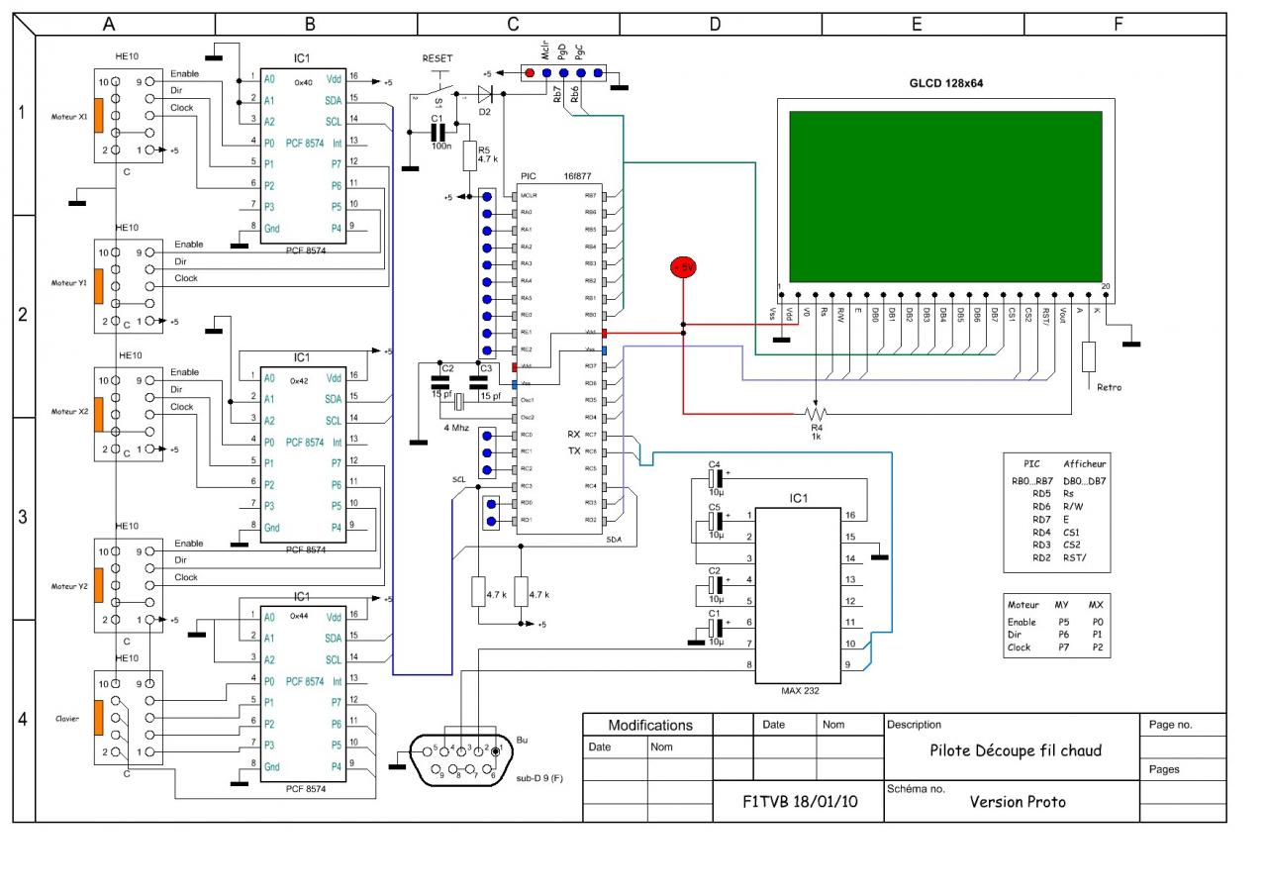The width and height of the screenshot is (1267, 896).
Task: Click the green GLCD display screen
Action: [945, 196]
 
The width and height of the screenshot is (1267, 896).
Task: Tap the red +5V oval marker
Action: [684, 267]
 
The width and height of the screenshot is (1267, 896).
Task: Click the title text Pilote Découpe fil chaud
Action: [1016, 749]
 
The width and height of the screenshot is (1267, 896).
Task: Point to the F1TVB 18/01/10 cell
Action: [800, 802]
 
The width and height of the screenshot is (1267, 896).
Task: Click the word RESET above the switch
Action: [438, 58]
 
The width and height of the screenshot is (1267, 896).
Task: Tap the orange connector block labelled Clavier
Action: [98, 719]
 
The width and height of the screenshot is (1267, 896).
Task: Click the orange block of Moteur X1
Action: [98, 116]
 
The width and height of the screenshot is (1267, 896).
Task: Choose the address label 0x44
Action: [300, 615]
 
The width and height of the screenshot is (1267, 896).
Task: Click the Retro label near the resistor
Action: [1109, 387]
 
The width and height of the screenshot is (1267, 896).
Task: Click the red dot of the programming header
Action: [530, 73]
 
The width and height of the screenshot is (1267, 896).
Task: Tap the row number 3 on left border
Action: [23, 518]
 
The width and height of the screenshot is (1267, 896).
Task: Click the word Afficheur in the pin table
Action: [1085, 462]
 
